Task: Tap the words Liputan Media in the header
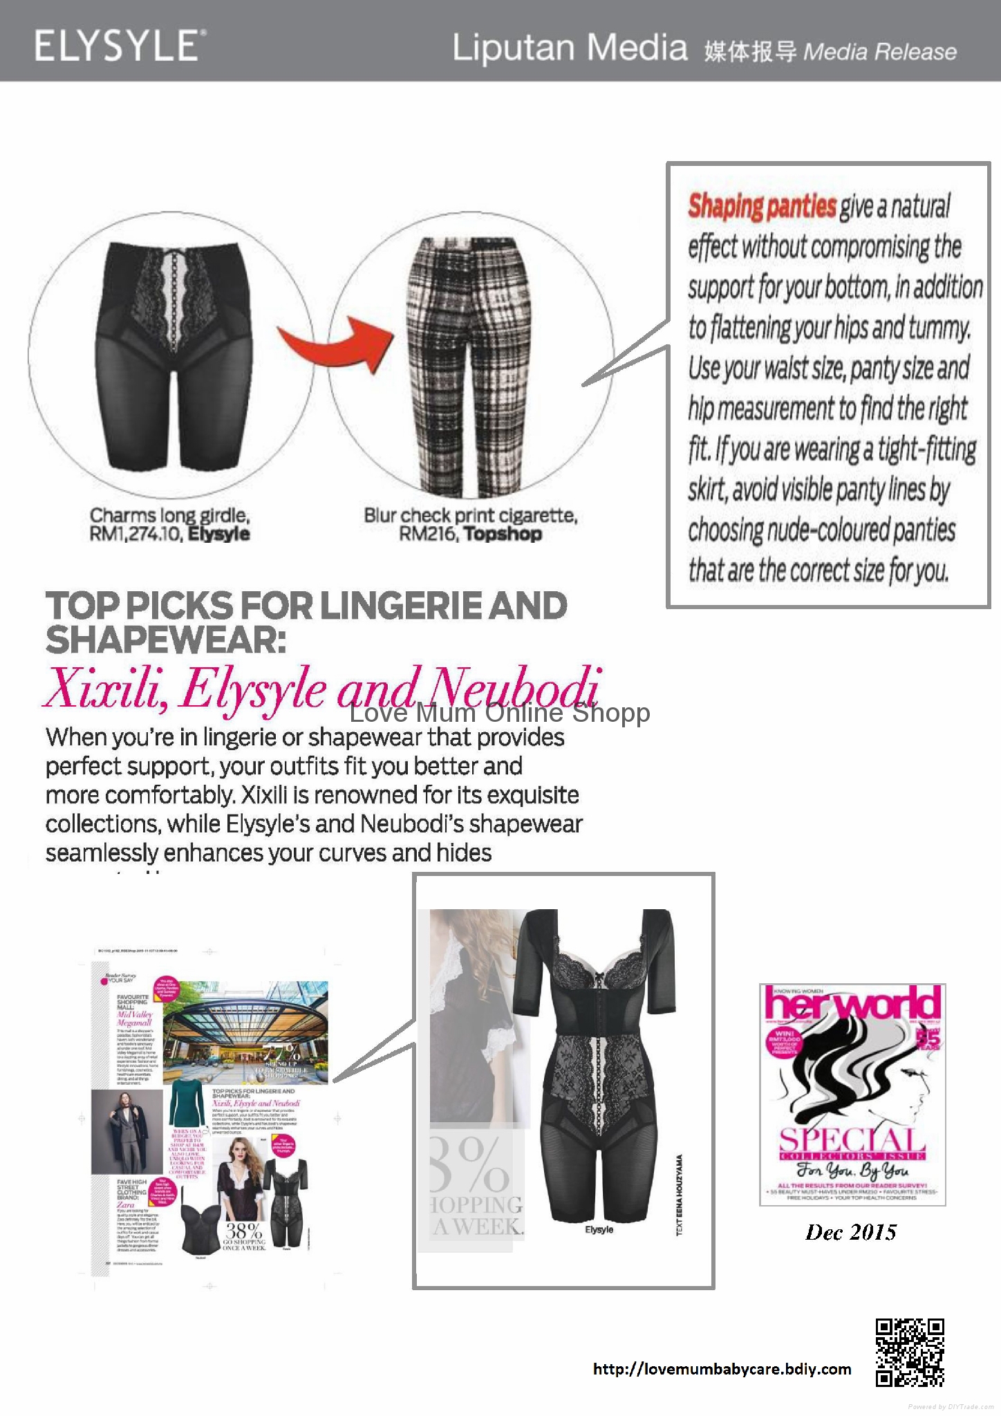tap(570, 48)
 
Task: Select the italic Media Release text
tap(880, 52)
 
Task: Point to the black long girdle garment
tap(172, 353)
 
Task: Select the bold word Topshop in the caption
tap(503, 534)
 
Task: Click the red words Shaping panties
tap(762, 207)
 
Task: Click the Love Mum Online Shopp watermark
tap(499, 713)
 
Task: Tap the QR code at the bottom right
tap(909, 1353)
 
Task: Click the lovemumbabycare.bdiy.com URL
tap(722, 1369)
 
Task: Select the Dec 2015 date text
tap(851, 1232)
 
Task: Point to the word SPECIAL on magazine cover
tap(852, 1139)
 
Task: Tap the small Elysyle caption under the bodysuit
tap(599, 1230)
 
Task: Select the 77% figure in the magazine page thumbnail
tap(281, 1053)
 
